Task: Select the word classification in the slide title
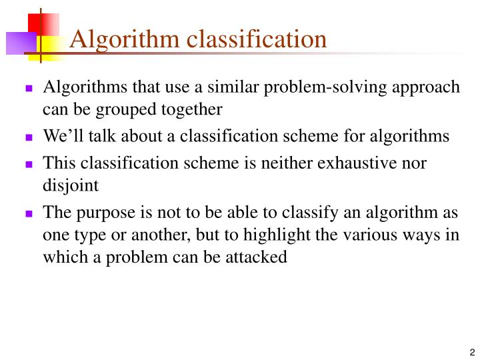(x=257, y=39)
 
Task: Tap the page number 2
(x=471, y=353)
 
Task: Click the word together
(x=193, y=109)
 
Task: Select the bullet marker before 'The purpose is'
(x=29, y=213)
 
